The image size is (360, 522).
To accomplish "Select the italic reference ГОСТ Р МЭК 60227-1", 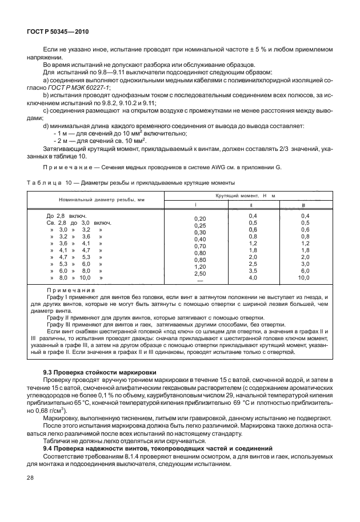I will pos(63,86).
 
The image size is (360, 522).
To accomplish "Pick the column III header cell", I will pos(303,204).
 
